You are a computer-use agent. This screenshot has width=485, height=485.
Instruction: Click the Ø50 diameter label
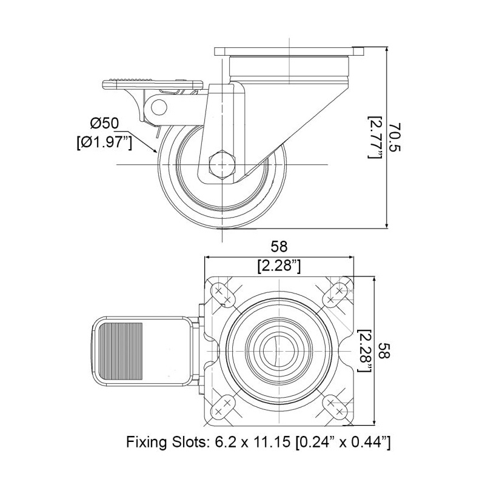tap(104, 124)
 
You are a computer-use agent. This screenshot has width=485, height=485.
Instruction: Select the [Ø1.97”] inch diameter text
tap(104, 142)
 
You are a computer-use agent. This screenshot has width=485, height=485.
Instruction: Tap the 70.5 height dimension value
tap(395, 138)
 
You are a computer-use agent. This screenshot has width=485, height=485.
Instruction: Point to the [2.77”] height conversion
tap(375, 138)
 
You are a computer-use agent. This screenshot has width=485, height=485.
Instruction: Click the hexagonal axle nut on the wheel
tap(222, 164)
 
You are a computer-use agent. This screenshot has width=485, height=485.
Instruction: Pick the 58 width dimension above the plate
tap(279, 247)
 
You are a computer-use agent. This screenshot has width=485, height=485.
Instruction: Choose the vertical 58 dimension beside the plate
tap(384, 350)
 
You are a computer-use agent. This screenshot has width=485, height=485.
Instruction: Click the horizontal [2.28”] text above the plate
tap(279, 266)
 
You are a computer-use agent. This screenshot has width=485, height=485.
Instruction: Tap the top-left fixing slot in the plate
tap(222, 295)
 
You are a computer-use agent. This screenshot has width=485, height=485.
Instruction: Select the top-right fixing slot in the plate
tap(335, 295)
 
